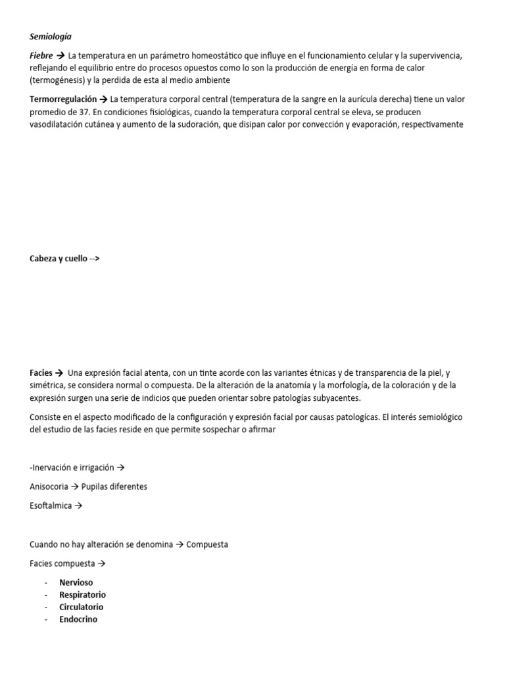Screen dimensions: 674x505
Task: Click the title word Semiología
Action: click(x=50, y=38)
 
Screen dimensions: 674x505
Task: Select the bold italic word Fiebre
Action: click(x=41, y=57)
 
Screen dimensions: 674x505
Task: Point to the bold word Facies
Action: click(x=41, y=373)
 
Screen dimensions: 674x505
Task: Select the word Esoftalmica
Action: click(x=51, y=505)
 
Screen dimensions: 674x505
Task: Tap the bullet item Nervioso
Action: click(x=76, y=583)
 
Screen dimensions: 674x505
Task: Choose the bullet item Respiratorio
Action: click(x=82, y=594)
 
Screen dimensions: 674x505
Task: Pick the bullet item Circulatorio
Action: click(x=81, y=607)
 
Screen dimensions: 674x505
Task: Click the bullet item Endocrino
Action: click(x=78, y=619)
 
